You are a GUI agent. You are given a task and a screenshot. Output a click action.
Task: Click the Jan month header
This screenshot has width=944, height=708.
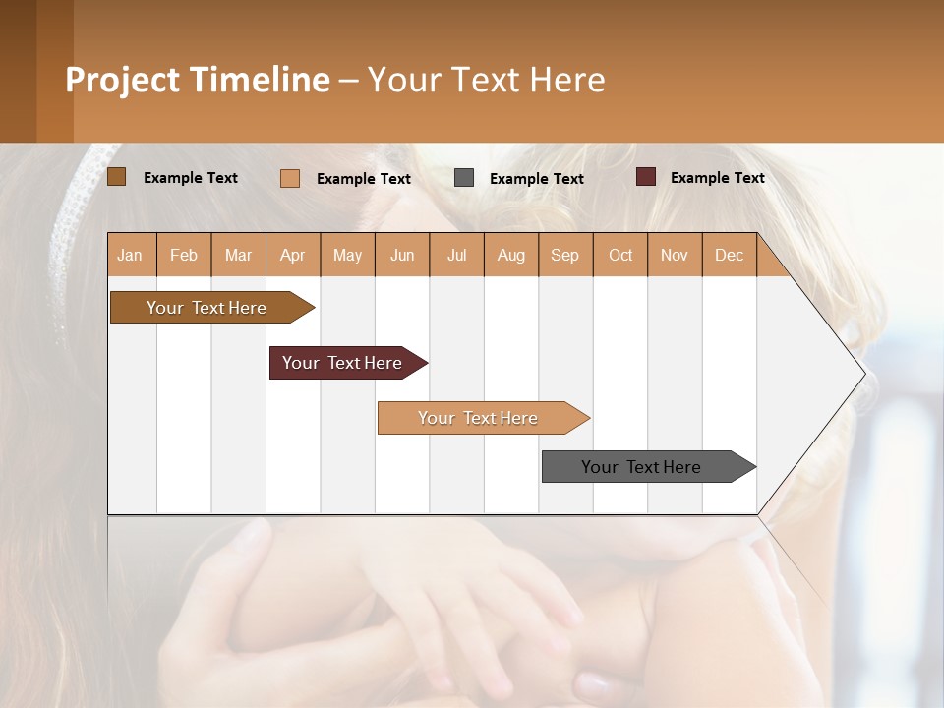[131, 255]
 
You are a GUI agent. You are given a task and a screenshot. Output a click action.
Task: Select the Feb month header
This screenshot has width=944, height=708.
[184, 255]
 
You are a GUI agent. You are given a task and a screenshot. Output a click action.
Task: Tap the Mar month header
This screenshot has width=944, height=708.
[238, 255]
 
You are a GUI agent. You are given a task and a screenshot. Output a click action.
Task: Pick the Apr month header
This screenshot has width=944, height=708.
[293, 255]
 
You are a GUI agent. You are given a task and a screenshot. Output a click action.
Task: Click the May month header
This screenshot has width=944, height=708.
[347, 255]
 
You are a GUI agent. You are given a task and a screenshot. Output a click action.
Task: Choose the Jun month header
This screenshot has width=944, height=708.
[402, 255]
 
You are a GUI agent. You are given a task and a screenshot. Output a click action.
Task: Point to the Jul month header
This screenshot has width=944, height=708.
[456, 255]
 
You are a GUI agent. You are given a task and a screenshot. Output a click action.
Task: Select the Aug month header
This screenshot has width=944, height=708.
[511, 255]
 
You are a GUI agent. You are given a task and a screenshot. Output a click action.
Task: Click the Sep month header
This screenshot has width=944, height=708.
[565, 255]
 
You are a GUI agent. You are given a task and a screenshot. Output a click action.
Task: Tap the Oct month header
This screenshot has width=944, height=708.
[620, 255]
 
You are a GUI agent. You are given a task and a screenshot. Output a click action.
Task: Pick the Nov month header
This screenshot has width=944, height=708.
[675, 255]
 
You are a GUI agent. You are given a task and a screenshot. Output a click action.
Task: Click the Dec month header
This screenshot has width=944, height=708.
[730, 255]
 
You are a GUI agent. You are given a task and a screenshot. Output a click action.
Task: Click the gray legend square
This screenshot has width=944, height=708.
[464, 178]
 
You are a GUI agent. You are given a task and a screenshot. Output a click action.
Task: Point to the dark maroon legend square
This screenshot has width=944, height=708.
[645, 177]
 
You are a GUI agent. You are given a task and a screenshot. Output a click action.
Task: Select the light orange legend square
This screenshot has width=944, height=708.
[290, 178]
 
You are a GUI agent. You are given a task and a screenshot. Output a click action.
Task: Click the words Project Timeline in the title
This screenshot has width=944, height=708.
[198, 80]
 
